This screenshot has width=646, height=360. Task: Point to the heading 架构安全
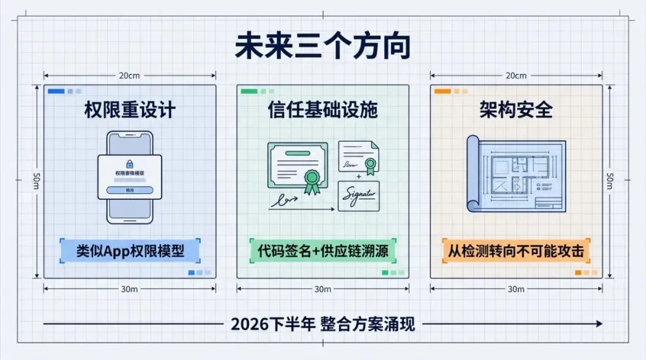pyautogui.click(x=516, y=109)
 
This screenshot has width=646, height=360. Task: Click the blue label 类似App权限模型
pyautogui.click(x=130, y=251)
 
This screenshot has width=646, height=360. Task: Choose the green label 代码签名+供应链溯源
pyautogui.click(x=322, y=251)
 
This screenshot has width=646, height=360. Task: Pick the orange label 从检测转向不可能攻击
pyautogui.click(x=516, y=251)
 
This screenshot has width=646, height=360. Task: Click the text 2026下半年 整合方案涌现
pyautogui.click(x=322, y=324)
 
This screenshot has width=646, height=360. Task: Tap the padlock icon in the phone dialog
pyautogui.click(x=130, y=163)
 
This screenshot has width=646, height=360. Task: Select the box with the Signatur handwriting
pyautogui.click(x=358, y=196)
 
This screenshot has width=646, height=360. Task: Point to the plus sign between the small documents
pyautogui.click(x=359, y=177)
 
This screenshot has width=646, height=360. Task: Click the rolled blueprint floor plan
pyautogui.click(x=516, y=174)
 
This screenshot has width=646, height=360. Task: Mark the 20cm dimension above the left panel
pyautogui.click(x=130, y=76)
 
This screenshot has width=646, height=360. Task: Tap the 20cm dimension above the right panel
pyautogui.click(x=516, y=76)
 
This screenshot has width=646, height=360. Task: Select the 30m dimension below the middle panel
pyautogui.click(x=322, y=289)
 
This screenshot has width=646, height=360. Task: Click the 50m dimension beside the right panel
pyautogui.click(x=610, y=179)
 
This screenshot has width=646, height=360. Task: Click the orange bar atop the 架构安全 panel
pyautogui.click(x=442, y=91)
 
